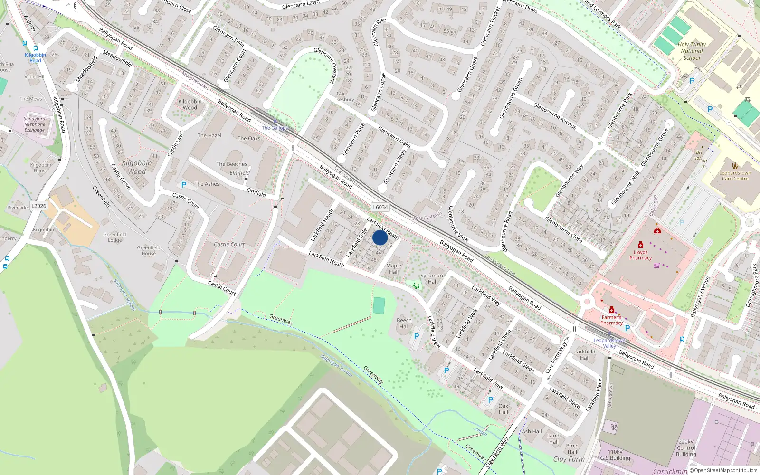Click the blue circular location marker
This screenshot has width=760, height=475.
click(380, 237)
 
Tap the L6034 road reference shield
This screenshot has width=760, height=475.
click(380, 207)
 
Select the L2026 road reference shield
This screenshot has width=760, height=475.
click(39, 206)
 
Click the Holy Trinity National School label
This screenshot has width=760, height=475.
click(692, 51)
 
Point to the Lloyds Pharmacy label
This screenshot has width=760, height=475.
click(640, 255)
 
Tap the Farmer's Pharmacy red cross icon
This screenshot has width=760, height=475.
click(612, 310)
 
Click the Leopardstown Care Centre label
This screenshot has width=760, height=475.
click(735, 176)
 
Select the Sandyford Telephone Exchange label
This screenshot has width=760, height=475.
click(35, 124)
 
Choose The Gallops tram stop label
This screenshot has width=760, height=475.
click(275, 128)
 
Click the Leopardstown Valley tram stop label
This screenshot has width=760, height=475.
click(609, 343)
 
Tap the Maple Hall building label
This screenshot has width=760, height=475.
click(394, 269)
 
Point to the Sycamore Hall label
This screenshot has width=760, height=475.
click(432, 278)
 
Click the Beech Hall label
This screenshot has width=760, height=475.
click(404, 323)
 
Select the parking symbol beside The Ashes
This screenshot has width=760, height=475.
click(184, 185)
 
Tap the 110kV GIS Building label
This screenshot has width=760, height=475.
click(615, 455)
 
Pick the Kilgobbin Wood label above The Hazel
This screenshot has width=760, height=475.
click(190, 104)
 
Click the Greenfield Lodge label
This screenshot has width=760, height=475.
click(115, 237)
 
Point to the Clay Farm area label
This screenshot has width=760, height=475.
click(569, 459)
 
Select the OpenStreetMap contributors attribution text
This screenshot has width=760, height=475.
click(723, 471)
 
